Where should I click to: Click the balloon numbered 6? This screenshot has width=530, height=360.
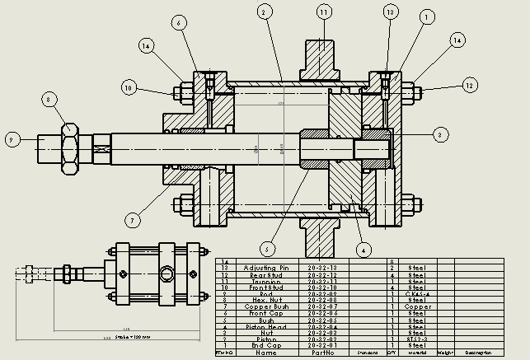178,23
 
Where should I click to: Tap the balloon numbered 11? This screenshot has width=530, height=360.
323,12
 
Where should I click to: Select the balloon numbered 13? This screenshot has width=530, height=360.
391,12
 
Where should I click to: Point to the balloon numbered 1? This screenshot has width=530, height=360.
426,16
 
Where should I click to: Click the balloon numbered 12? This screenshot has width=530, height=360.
470,85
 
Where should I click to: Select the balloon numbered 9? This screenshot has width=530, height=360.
12,139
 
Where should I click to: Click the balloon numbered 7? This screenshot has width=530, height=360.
131,220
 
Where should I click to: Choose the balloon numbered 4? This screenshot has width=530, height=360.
361,247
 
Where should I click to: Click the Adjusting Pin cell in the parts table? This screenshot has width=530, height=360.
266,268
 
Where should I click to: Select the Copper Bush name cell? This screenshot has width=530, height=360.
266,306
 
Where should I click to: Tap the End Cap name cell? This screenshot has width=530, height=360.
266,345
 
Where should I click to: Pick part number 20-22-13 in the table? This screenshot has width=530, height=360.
322,268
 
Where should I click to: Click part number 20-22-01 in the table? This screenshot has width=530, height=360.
322,345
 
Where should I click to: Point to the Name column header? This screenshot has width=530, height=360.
266,353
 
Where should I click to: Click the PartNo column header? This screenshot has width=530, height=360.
322,353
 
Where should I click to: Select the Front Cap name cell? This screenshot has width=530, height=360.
266,313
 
